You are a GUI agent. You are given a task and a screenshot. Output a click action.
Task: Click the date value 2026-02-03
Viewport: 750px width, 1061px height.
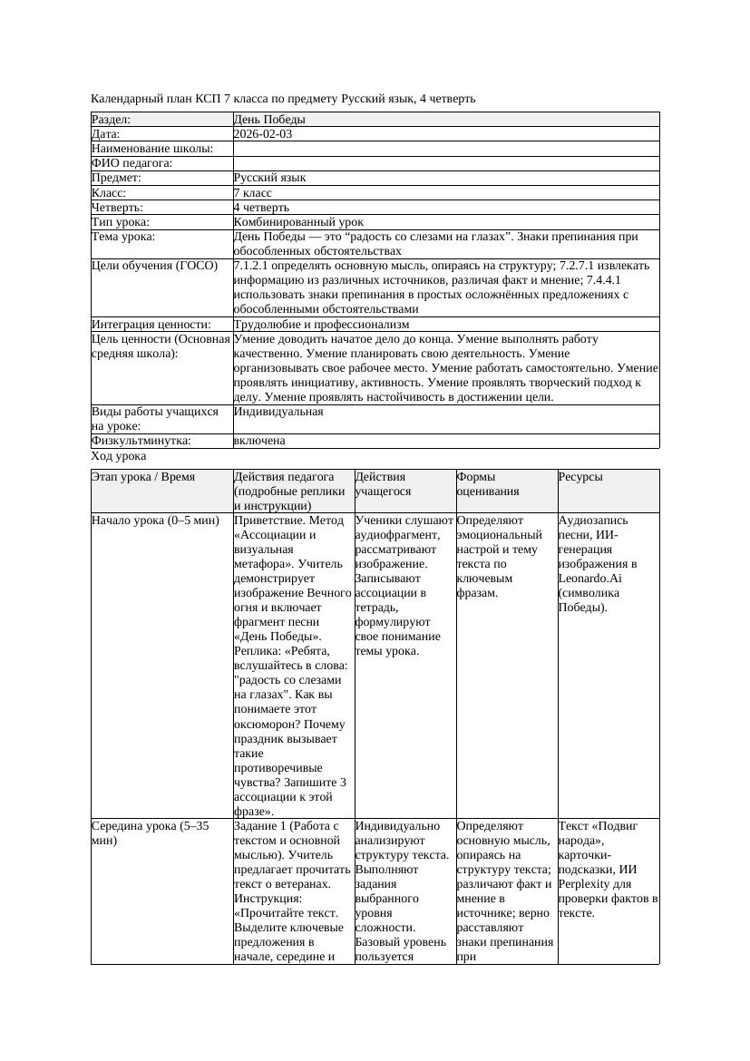pyautogui.click(x=263, y=134)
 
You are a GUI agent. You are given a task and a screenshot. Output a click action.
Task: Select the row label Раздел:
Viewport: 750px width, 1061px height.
pyautogui.click(x=112, y=120)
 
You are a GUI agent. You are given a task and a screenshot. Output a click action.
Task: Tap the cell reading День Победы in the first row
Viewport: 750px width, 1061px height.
pyautogui.click(x=269, y=120)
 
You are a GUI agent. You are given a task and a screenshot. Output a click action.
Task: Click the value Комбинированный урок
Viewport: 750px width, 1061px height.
pyautogui.click(x=298, y=222)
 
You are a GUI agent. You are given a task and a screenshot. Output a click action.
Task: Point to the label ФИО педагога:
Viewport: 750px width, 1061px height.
pyautogui.click(x=132, y=163)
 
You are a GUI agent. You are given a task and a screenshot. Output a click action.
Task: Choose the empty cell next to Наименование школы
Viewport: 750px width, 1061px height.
pyautogui.click(x=445, y=149)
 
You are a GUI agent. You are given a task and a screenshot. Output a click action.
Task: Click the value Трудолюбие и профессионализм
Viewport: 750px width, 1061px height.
pyautogui.click(x=321, y=325)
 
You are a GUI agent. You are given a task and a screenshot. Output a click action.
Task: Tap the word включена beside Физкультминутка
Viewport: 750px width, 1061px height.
pyautogui.click(x=259, y=441)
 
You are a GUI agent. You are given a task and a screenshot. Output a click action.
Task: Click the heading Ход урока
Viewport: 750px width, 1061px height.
pyautogui.click(x=119, y=457)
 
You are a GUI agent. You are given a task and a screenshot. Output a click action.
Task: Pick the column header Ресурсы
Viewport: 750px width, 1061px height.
pyautogui.click(x=580, y=477)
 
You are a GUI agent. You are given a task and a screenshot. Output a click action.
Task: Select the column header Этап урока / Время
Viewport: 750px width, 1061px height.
pyautogui.click(x=143, y=477)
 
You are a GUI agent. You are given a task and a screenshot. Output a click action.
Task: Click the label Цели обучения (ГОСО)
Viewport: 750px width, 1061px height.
pyautogui.click(x=155, y=267)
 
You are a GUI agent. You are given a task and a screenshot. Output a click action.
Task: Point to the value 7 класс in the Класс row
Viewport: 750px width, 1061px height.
pyautogui.click(x=253, y=193)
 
